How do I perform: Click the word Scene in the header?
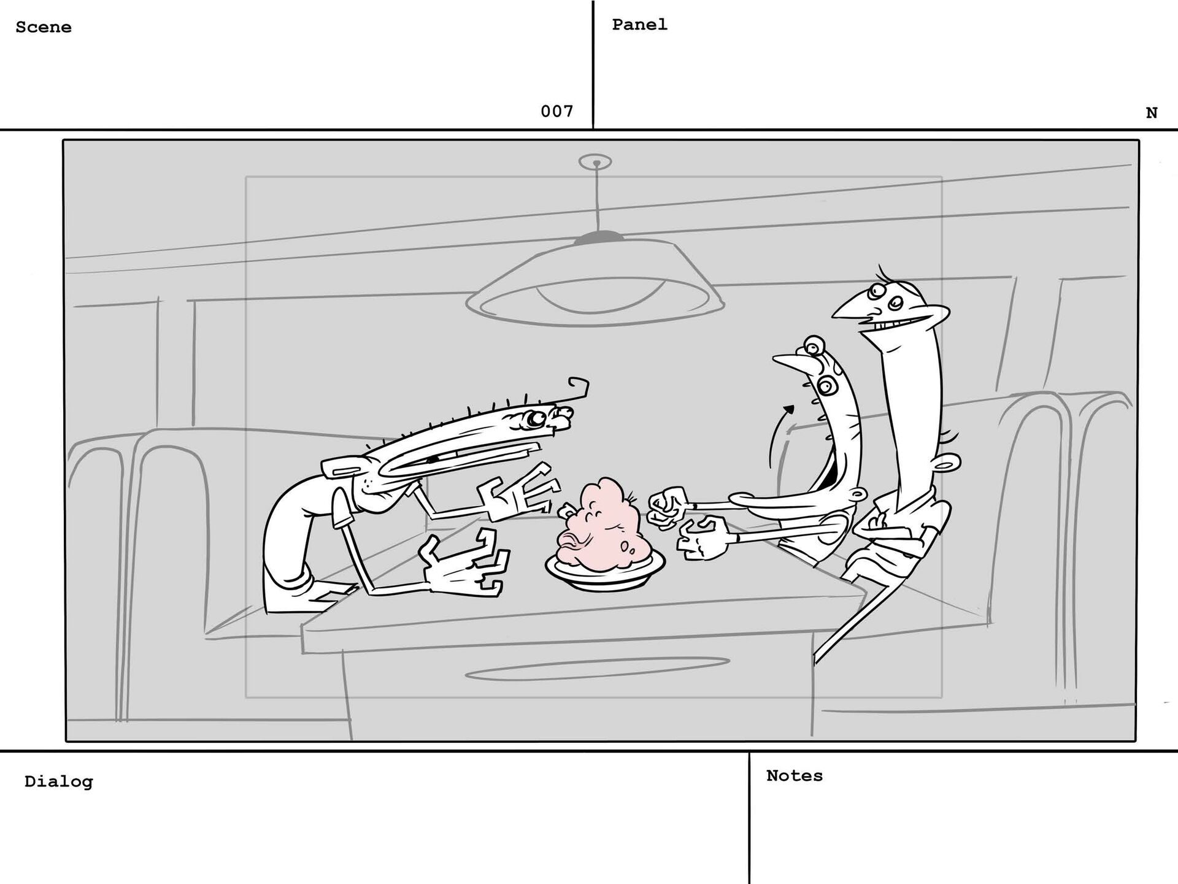coord(44,27)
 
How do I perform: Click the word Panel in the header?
coord(639,25)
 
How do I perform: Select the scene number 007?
coord(556,111)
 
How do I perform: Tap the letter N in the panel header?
coord(1152,113)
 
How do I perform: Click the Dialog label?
coord(59,782)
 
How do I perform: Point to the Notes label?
coord(795,775)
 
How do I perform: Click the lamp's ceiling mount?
coord(595,162)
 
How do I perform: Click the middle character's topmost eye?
coord(814,345)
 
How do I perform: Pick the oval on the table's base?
coord(598,669)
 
